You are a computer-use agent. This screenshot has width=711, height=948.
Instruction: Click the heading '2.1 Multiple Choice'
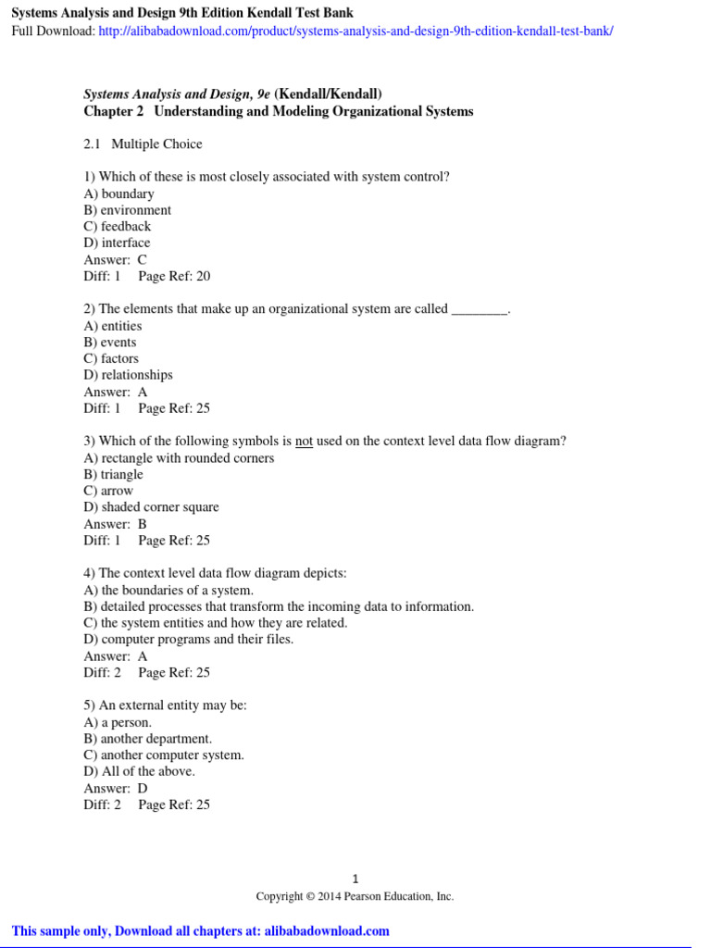coord(143,144)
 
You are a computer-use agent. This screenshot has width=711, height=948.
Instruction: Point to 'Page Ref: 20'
coord(174,276)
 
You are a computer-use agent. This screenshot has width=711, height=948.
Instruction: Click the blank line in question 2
coord(480,310)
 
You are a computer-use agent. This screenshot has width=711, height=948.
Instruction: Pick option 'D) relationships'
coord(128,376)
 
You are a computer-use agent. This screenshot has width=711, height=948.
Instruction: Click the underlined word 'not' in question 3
coord(304,442)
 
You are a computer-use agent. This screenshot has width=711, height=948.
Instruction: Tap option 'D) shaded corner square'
coord(151,507)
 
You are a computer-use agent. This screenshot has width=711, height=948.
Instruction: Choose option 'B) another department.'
coord(147,739)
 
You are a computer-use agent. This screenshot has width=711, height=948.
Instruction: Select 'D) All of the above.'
coord(139,772)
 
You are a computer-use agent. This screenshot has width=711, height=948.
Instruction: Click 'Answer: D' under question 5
coord(116,789)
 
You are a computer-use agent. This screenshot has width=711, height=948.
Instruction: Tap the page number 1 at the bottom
coord(355,879)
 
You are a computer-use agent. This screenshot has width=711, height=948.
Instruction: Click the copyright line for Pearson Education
coord(355,896)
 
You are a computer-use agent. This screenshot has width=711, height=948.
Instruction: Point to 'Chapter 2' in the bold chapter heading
coord(115,112)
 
